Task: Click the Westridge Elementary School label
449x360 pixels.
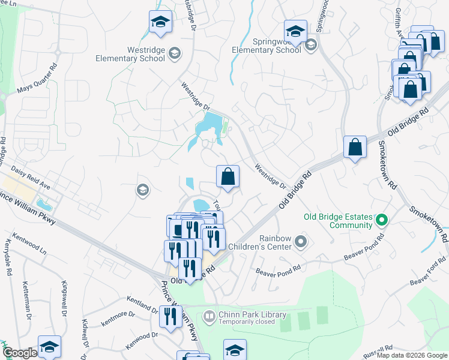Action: pos(130,54)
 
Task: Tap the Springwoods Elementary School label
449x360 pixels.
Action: pos(267,46)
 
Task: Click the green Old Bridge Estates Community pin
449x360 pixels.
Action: pos(381,221)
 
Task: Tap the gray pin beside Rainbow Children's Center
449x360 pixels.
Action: pos(302,242)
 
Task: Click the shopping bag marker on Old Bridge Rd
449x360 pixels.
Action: pos(355,147)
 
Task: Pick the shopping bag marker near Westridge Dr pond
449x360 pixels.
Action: pos(228,177)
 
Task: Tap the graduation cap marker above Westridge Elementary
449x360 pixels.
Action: pos(160,23)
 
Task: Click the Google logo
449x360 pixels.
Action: pos(20,353)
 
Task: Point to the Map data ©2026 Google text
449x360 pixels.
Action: pos(412,355)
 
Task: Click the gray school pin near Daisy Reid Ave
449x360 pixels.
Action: pos(142,190)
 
